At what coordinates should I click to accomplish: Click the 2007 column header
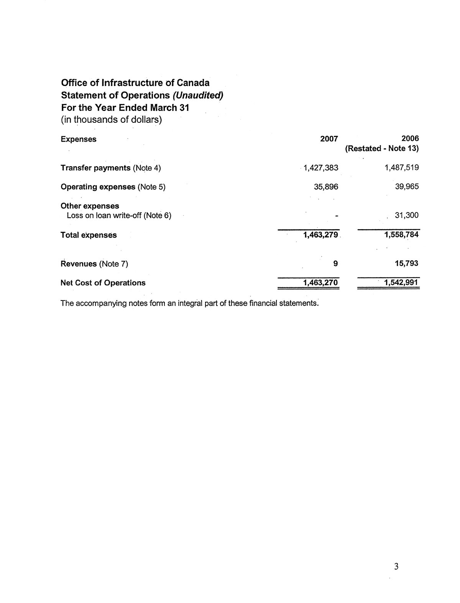329,139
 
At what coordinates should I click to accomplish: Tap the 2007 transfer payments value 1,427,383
321,168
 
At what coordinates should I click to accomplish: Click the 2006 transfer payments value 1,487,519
402,168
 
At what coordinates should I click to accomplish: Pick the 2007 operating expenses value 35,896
326,187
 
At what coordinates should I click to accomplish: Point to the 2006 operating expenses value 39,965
407,187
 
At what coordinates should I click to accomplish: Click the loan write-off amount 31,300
407,216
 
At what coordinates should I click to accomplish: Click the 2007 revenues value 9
336,264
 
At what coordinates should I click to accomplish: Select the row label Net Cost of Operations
103,283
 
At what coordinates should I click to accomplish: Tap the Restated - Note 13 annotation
382,149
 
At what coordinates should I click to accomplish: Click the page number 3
396,566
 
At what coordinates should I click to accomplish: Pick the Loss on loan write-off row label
119,216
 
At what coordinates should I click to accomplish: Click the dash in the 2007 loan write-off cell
336,216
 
